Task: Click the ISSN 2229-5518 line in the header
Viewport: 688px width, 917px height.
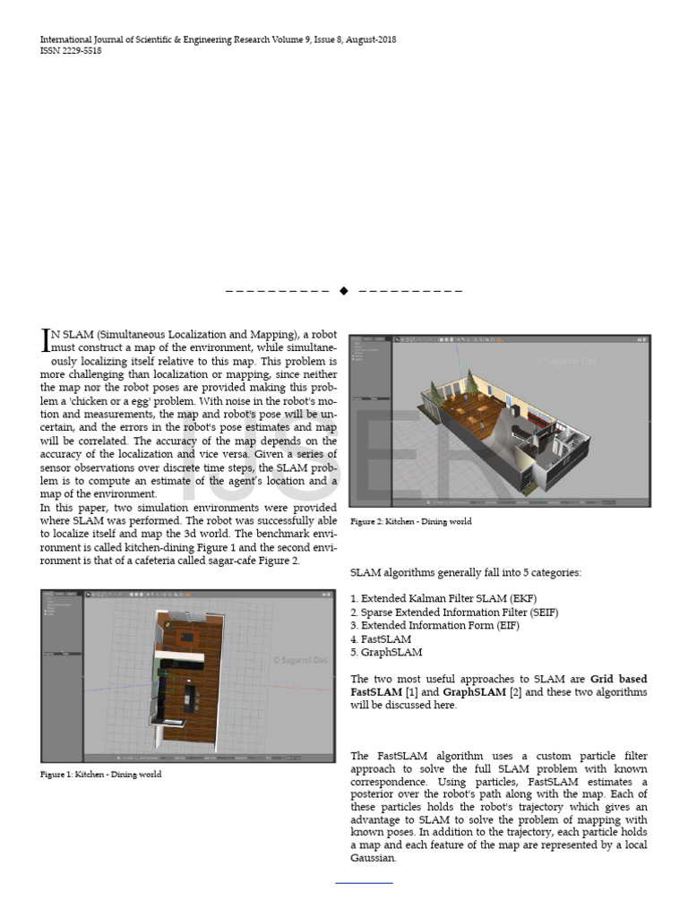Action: coord(71,51)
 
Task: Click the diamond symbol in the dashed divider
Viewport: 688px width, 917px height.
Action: coord(344,291)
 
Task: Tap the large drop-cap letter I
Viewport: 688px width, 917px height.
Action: coord(46,339)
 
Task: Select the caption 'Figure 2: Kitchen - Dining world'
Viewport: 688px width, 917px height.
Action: coord(410,521)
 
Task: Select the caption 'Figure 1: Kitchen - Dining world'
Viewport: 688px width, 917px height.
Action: coord(101,774)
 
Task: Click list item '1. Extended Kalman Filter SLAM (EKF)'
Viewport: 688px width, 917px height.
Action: coord(443,598)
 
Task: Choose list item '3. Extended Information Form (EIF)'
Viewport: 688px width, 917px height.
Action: coord(434,625)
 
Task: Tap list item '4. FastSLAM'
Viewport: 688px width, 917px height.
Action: coord(381,639)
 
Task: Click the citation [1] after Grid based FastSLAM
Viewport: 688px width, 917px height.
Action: coord(410,692)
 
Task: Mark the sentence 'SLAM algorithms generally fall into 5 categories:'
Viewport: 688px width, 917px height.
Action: coord(465,572)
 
